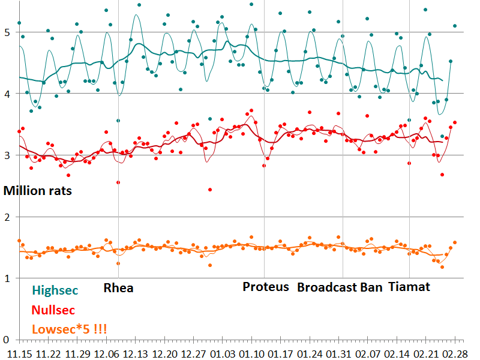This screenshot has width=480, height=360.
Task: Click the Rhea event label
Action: pos(119,287)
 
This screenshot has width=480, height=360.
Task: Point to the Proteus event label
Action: pos(266,287)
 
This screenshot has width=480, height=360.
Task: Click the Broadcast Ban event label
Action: pos(340,287)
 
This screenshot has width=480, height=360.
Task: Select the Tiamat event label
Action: pos(409,287)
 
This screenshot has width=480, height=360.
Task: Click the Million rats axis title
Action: pos(38,191)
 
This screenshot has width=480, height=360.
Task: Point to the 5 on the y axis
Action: pos(7,32)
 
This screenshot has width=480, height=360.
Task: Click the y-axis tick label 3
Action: pos(7,155)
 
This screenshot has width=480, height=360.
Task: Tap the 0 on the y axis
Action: pos(7,340)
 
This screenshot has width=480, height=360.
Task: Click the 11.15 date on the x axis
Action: pos(19,353)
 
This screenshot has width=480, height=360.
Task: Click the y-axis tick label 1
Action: pos(7,278)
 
